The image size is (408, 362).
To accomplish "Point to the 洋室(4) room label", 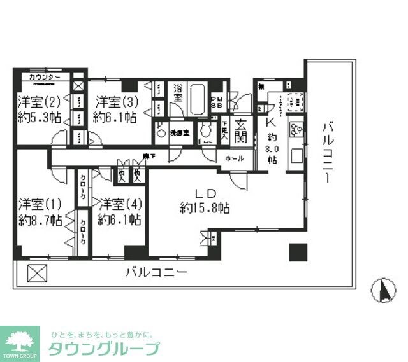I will (119, 205).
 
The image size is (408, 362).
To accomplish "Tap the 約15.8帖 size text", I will (205, 208).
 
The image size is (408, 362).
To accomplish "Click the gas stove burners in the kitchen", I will (295, 102).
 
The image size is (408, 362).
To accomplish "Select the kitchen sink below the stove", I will (296, 131).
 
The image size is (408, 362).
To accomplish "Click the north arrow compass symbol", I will (384, 291).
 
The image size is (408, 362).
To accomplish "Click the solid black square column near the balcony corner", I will (298, 253).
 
